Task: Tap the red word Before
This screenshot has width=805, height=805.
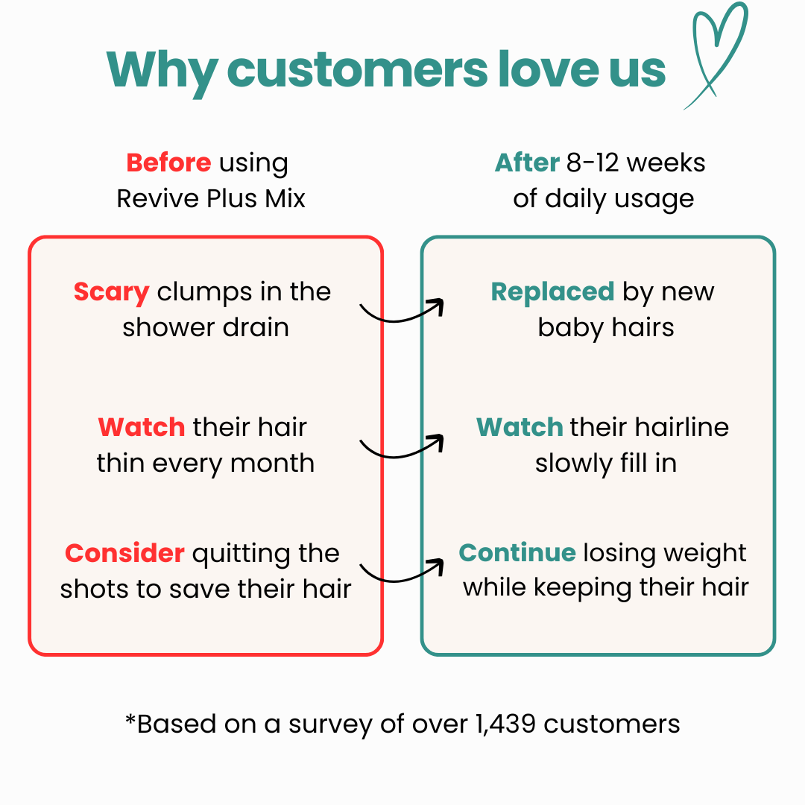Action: coord(168,162)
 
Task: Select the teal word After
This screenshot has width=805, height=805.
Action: coord(527,162)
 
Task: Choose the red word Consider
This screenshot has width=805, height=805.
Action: coord(124,553)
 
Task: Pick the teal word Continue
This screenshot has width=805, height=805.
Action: coord(517,552)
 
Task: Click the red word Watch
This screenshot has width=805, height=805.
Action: coord(142,427)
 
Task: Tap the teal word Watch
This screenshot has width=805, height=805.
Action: coord(520,427)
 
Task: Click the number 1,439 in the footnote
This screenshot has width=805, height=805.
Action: coord(505,724)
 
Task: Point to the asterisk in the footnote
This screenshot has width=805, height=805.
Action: coord(130,719)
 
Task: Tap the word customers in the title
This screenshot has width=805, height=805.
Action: coord(357,70)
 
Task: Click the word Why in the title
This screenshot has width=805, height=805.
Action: coord(162,72)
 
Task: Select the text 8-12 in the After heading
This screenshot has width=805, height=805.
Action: coord(593,162)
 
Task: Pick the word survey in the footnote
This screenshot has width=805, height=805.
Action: coord(331,725)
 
